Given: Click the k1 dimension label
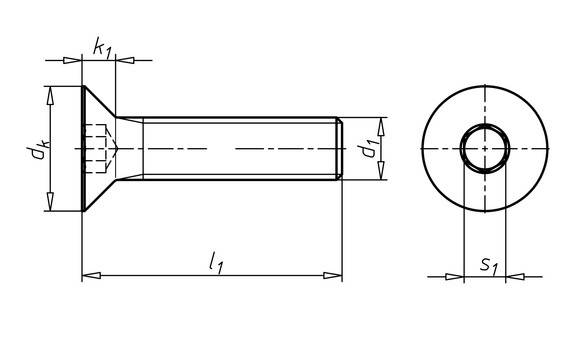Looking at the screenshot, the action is click(102, 48).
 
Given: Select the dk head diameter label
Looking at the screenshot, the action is click(38, 149).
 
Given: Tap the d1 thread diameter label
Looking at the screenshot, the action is click(368, 148).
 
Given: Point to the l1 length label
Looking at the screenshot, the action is click(216, 263).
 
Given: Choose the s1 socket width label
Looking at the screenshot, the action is click(489, 266).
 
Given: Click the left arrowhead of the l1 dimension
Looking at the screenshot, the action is click(91, 275).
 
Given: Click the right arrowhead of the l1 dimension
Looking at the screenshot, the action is click(333, 275).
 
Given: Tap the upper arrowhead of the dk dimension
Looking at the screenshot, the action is click(50, 96).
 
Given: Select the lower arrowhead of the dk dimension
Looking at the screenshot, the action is click(50, 202).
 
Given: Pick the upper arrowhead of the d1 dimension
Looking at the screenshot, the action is click(381, 127).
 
